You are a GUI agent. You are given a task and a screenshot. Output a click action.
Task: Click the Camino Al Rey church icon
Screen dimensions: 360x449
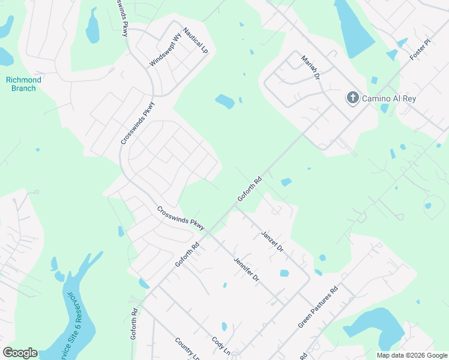coord(352,98)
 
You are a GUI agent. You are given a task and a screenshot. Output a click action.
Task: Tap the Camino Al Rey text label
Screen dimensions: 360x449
coord(389,98)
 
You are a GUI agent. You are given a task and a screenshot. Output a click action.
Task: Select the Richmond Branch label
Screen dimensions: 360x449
coord(23,84)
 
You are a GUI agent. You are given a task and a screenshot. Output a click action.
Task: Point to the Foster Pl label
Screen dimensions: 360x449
coord(421,50)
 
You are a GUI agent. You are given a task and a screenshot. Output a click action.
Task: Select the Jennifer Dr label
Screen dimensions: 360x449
coord(246,269)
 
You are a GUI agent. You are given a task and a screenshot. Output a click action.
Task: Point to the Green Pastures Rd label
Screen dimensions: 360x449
coord(318,307)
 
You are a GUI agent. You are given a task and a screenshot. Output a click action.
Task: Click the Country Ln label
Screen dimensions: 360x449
coord(187,349)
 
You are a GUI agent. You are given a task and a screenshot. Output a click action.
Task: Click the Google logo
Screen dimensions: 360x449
coord(20,353)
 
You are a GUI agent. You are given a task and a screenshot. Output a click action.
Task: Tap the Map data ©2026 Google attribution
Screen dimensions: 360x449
coord(412,355)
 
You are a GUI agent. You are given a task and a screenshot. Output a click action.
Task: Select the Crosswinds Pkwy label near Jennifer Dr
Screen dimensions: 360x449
coord(181,218)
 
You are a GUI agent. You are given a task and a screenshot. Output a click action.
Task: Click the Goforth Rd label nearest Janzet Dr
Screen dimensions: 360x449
coord(250,189)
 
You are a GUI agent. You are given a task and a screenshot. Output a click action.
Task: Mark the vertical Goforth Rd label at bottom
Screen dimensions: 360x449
coord(134,324)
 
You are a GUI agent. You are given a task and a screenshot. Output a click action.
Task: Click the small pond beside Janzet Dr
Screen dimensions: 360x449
coord(284,273)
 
